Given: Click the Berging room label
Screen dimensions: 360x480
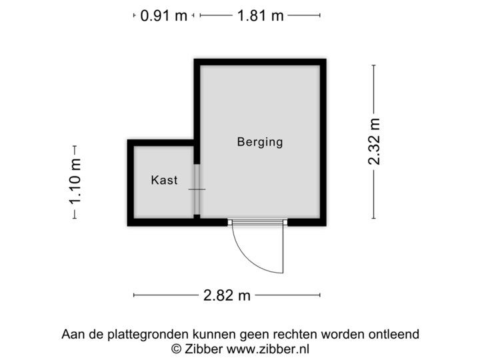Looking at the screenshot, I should click(x=260, y=142).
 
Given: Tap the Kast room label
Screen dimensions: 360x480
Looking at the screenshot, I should click(x=164, y=180).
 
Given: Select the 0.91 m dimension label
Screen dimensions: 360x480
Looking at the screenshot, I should click(x=163, y=15).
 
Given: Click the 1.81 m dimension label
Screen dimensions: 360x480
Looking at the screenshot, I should click(x=260, y=15).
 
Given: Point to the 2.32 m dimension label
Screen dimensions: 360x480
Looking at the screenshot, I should click(x=375, y=141).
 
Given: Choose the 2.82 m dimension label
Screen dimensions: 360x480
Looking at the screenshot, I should click(x=227, y=295).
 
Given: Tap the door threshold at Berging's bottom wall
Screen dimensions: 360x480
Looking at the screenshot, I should click(x=257, y=222).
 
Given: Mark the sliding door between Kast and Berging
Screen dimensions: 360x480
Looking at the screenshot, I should click(x=197, y=189).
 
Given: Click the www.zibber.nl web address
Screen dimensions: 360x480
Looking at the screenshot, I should click(x=268, y=348).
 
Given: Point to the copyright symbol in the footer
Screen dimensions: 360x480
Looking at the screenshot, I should click(x=177, y=348).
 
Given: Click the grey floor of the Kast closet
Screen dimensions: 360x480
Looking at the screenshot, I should click(x=163, y=200).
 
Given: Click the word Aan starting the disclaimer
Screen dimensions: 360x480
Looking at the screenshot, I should click(x=72, y=334).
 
